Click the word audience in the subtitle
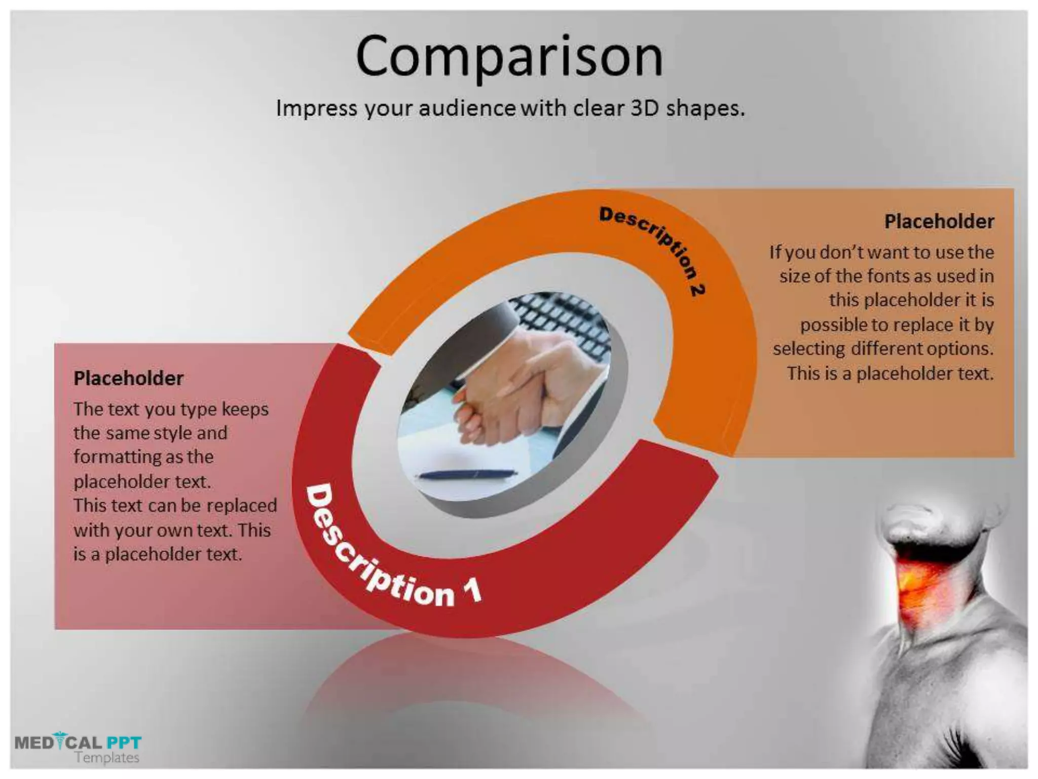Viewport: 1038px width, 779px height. tap(467, 108)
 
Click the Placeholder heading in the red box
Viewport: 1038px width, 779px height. tap(128, 378)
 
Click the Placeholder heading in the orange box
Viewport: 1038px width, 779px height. tap(939, 222)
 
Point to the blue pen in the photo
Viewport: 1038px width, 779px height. tap(466, 475)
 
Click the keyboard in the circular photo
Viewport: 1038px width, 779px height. tap(563, 320)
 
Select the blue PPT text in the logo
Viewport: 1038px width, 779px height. tap(124, 743)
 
